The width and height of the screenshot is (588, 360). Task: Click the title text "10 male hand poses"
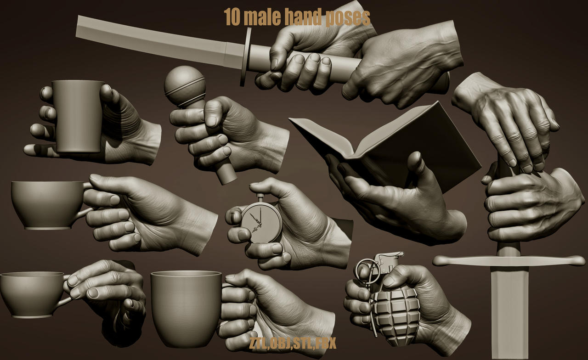297,17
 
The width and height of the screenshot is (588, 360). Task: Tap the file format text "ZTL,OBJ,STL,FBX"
293,343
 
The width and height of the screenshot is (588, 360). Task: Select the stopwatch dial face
261,222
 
